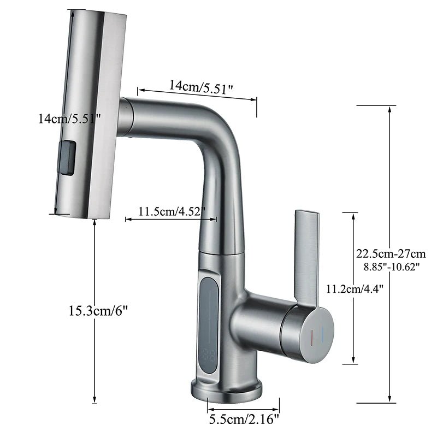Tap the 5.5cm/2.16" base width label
(244, 419)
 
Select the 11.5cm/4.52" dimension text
(172, 211)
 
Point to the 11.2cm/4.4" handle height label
(355, 289)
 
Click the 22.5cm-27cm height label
(391, 253)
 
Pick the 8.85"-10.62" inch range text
(391, 267)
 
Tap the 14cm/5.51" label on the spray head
(69, 119)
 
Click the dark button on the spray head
(67, 158)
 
